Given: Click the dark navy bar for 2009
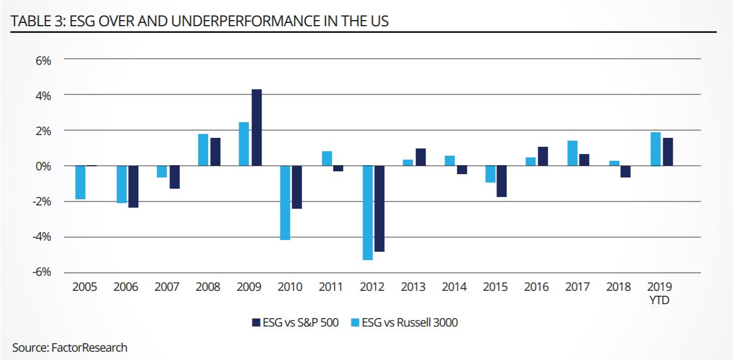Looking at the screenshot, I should [x=257, y=127].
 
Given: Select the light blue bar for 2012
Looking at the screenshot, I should [x=367, y=213].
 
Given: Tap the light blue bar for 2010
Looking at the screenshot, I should [x=285, y=203].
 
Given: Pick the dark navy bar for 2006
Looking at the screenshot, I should [x=133, y=186].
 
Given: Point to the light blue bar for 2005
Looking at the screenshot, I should [x=80, y=183].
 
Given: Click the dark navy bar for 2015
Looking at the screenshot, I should [x=502, y=181].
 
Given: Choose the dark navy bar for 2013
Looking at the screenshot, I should [x=420, y=157].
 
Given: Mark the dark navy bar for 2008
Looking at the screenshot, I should [x=215, y=152].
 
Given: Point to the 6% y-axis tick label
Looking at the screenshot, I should [x=42, y=60].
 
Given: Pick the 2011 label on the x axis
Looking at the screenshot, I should [x=331, y=287].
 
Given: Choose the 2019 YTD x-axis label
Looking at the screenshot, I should [x=660, y=294].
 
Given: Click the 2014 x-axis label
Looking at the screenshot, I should [x=454, y=287].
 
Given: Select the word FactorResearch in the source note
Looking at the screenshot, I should [x=89, y=348].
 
